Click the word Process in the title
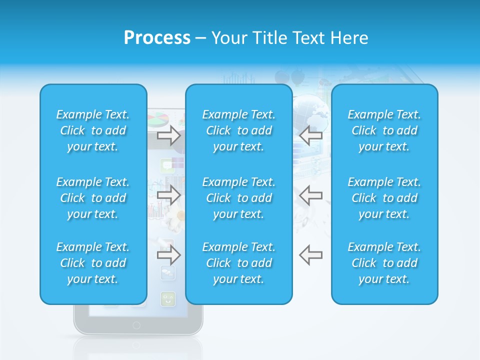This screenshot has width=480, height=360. point(157,38)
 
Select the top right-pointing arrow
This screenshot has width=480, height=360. point(168,135)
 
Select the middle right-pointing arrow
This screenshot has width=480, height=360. point(168,195)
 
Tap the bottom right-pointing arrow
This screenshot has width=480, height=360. point(168,255)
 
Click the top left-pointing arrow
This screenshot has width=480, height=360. point(310,135)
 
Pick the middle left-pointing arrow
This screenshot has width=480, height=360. point(310,195)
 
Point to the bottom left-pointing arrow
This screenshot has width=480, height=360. point(310,255)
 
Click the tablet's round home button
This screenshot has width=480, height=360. point(136,325)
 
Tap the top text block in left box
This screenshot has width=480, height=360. point(93,130)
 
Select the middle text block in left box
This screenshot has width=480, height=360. point(93,198)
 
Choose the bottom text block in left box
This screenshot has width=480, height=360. point(93,263)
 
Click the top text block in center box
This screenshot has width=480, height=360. point(238,130)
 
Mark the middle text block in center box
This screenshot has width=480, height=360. point(238,198)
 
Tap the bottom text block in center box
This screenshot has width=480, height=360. point(238,263)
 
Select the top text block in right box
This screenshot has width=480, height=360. point(384,130)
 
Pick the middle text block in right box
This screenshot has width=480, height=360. point(384,198)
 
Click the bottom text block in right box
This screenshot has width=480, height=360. point(384,263)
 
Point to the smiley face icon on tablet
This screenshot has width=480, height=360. point(167,299)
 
